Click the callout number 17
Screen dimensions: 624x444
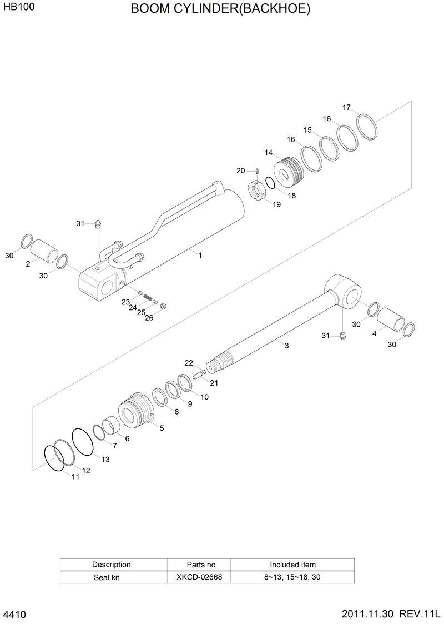click(x=346, y=107)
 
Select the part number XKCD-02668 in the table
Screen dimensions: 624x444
click(x=199, y=577)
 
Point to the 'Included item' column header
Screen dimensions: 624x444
click(x=292, y=565)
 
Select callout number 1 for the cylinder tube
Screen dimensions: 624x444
click(x=200, y=256)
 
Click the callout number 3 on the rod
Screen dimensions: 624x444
click(x=286, y=346)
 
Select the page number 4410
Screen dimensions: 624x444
click(x=14, y=615)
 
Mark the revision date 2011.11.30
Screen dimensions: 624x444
click(x=367, y=614)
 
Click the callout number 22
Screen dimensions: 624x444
click(x=189, y=363)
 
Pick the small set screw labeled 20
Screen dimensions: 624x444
click(x=258, y=171)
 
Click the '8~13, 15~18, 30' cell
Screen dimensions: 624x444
click(x=292, y=577)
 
